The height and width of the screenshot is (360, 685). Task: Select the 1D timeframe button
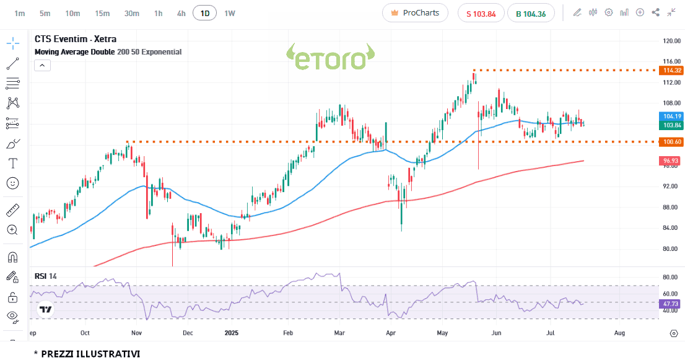[x=204, y=13]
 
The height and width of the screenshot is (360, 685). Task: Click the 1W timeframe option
[x=230, y=13]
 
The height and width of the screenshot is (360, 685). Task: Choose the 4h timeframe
[x=181, y=13]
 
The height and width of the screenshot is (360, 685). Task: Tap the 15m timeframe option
[x=102, y=13]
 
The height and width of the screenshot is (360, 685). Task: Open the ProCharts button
[x=415, y=13]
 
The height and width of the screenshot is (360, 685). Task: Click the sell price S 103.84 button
[x=481, y=14]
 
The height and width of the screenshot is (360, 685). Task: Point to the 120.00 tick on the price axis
[x=671, y=41]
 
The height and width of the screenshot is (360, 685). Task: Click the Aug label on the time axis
[x=619, y=333]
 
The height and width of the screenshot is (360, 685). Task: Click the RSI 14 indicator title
[x=46, y=276]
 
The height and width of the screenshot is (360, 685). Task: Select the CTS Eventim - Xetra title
[x=76, y=39]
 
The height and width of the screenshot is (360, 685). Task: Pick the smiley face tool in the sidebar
[x=12, y=183]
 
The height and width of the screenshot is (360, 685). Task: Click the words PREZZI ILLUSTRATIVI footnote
[x=90, y=354]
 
